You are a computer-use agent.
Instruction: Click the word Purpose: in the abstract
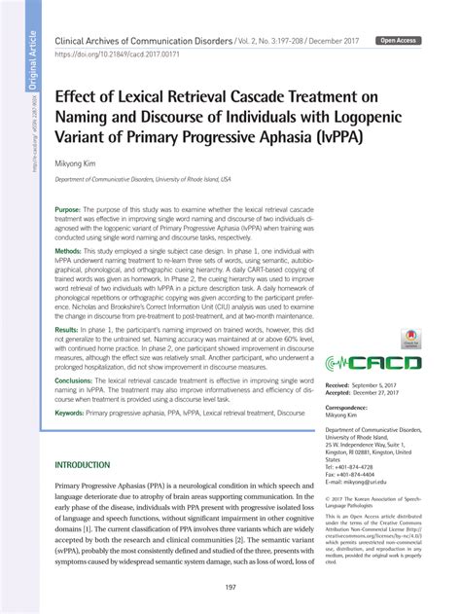tap(68, 210)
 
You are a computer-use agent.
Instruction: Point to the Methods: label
tap(68, 250)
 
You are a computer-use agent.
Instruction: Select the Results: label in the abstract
tap(66, 331)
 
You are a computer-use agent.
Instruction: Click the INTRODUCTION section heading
tap(96, 465)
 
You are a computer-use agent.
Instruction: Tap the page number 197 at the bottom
tap(230, 587)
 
